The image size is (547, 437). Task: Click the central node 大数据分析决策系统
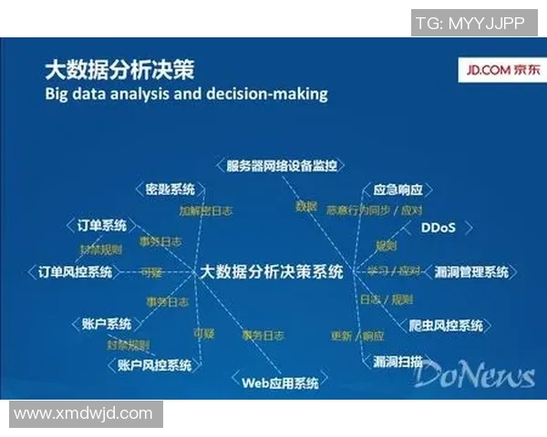271,271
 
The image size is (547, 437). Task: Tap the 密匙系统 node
170,189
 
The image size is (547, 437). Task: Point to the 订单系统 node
101,225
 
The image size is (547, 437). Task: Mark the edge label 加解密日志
204,210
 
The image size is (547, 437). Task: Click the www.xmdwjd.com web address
83,414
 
